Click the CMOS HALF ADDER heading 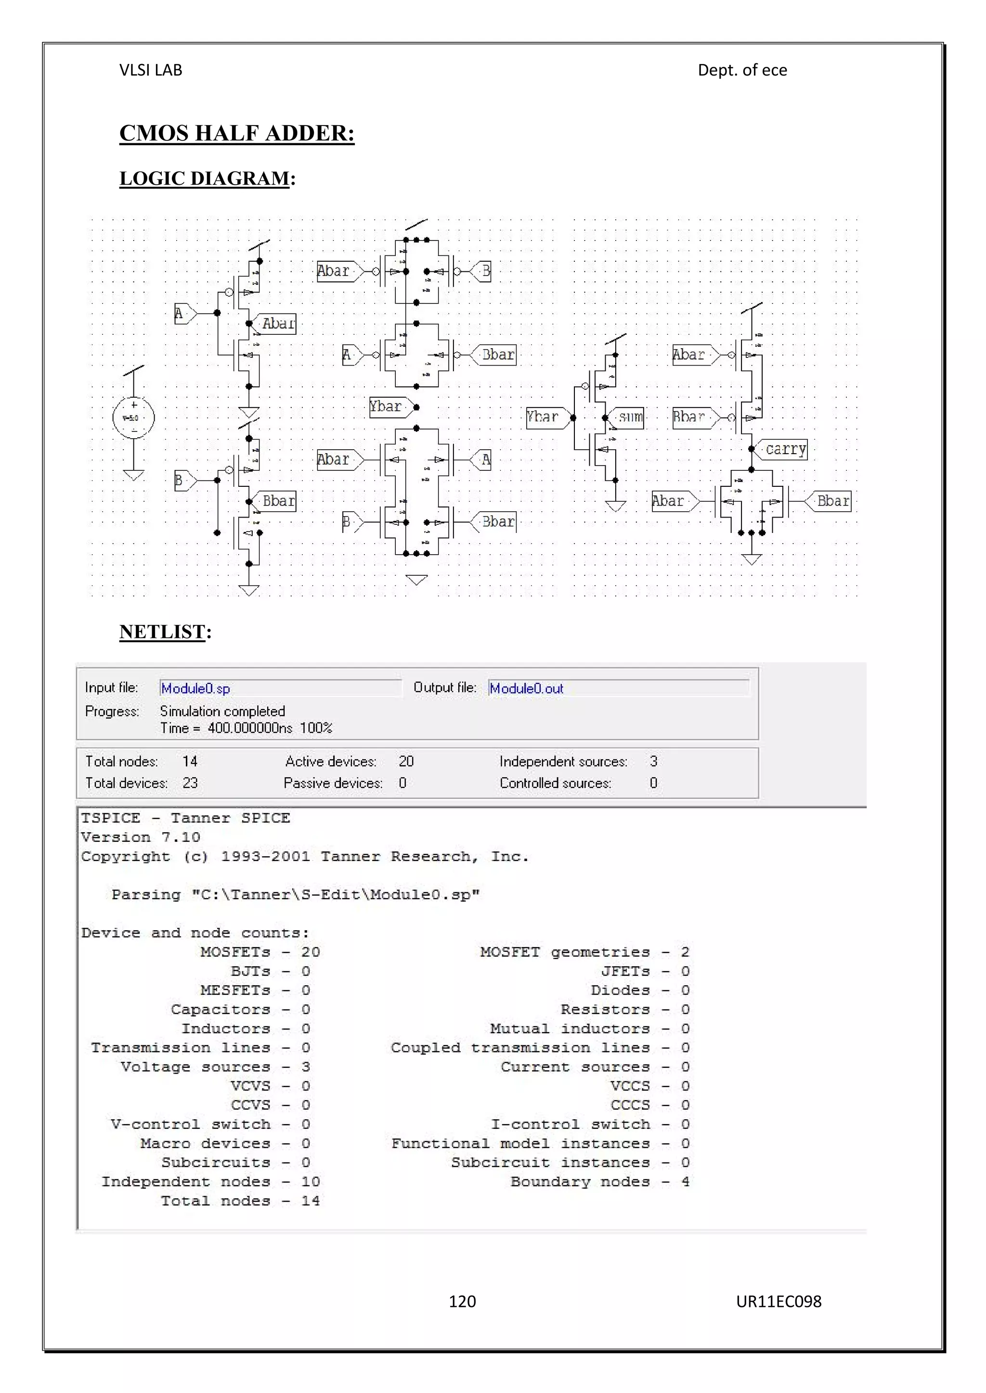(237, 133)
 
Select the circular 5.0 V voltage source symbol (133, 418)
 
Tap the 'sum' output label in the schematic (630, 418)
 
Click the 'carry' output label (785, 450)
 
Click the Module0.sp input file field (279, 688)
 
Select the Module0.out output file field (618, 688)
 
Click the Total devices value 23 (190, 783)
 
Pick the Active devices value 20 (406, 761)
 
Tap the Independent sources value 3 (653, 761)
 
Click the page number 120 (462, 1302)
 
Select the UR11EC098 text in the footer (778, 1302)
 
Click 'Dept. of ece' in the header (742, 70)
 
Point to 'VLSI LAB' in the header (151, 70)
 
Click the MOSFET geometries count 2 (685, 952)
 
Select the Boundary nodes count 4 (685, 1182)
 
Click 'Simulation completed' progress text (222, 711)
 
